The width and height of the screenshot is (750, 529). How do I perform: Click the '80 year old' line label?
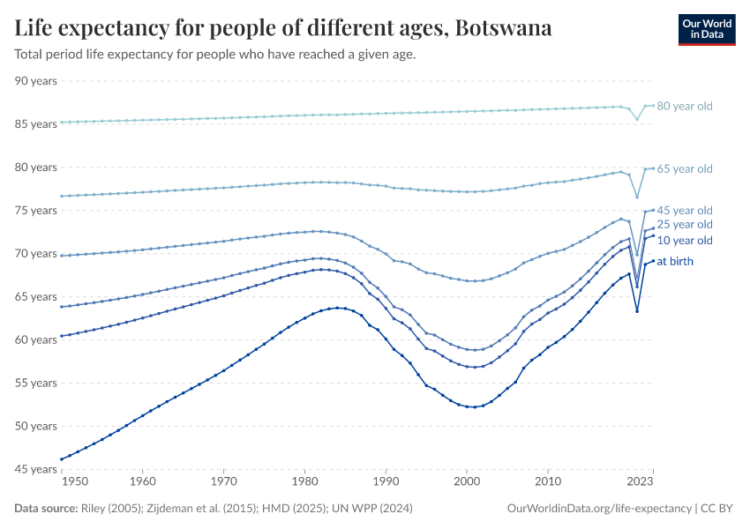(x=684, y=106)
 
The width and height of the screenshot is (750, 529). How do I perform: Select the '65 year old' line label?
(x=684, y=168)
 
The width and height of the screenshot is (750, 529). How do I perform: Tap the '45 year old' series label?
(x=684, y=211)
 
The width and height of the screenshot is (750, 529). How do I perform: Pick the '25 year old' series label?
(x=684, y=225)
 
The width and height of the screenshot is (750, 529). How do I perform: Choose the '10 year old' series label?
(x=684, y=241)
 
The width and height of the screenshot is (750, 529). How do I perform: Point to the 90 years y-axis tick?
(x=36, y=81)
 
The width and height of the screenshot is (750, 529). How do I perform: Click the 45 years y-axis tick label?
(x=36, y=469)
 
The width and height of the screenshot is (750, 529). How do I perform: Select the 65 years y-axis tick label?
(x=36, y=297)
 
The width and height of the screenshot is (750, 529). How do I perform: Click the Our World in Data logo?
(x=706, y=29)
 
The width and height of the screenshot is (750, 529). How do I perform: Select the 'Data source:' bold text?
(x=46, y=509)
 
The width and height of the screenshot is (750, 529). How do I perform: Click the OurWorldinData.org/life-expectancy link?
(x=600, y=509)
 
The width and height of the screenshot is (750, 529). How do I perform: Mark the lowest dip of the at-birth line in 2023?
(x=637, y=310)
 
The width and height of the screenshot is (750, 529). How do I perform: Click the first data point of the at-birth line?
(x=60, y=459)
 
